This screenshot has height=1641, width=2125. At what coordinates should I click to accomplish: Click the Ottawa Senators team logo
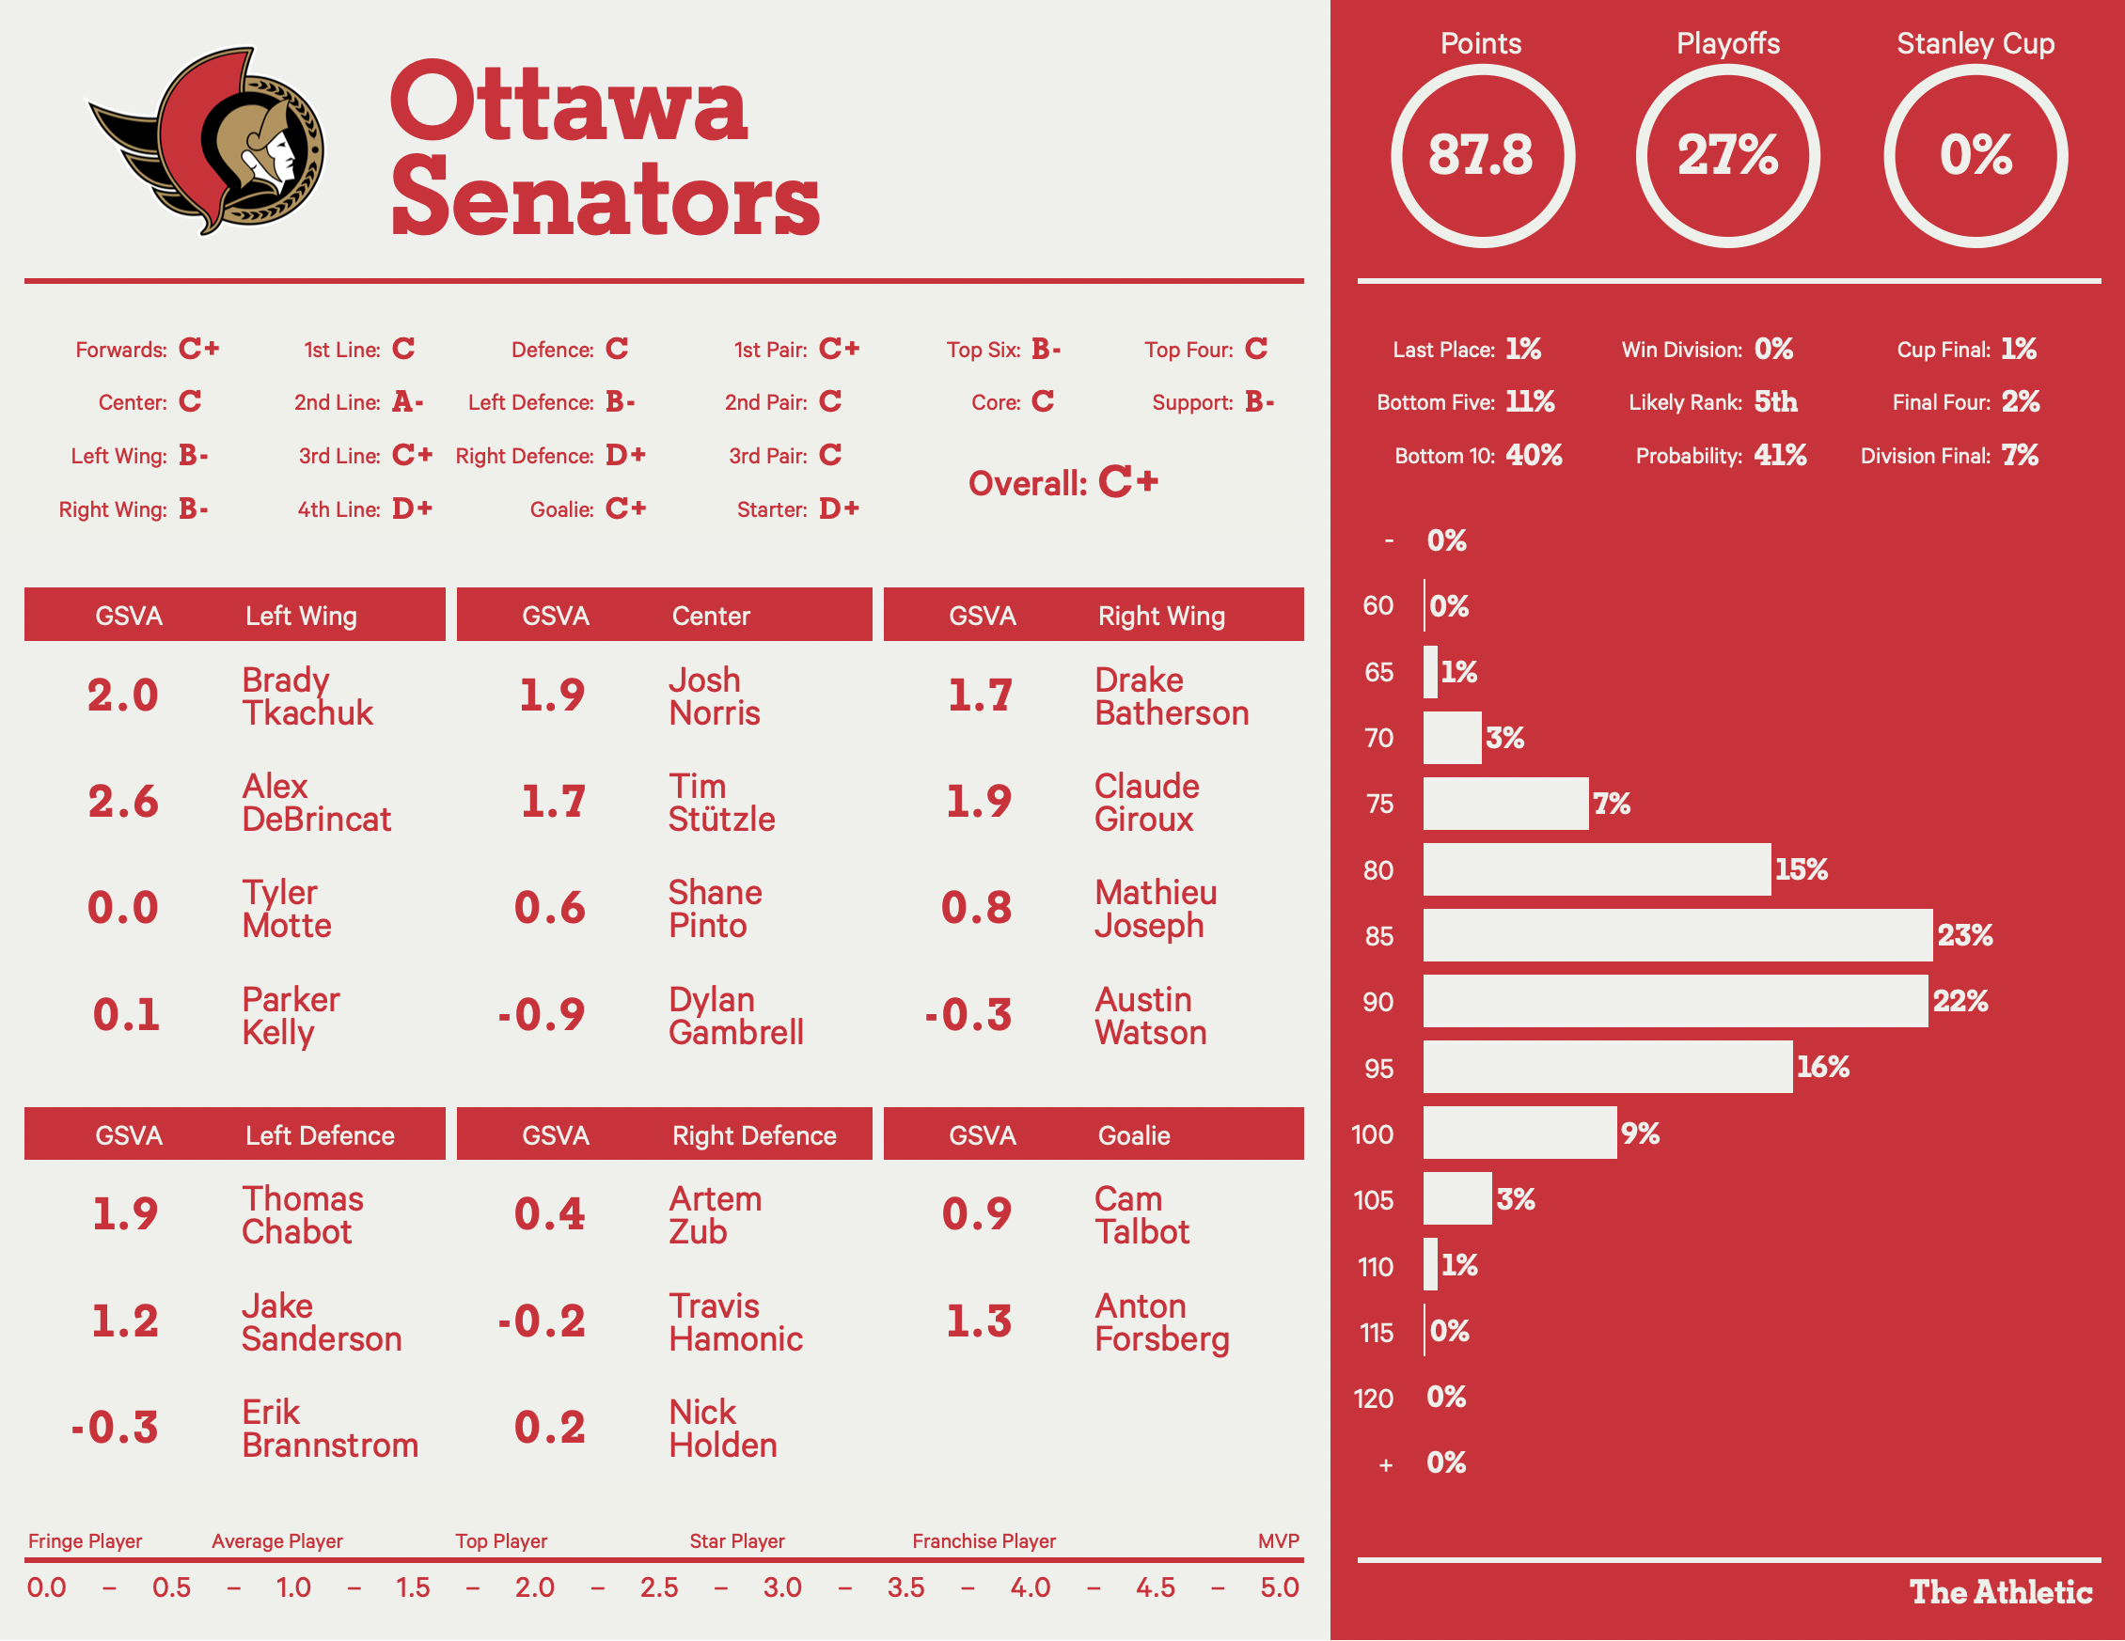pyautogui.click(x=209, y=141)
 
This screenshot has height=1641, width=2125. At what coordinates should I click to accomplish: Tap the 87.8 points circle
pyautogui.click(x=1481, y=156)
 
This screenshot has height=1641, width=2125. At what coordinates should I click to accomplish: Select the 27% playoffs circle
pyautogui.click(x=1728, y=156)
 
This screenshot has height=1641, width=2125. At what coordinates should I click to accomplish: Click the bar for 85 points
pyautogui.click(x=1676, y=936)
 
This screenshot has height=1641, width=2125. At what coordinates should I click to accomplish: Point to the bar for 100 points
pyautogui.click(x=1519, y=1133)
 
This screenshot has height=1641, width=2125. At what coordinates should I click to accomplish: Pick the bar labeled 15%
pyautogui.click(x=1596, y=869)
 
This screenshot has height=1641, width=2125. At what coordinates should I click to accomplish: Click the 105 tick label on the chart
pyautogui.click(x=1373, y=1200)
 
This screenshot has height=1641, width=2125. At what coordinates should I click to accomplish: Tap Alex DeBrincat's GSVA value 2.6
pyautogui.click(x=122, y=802)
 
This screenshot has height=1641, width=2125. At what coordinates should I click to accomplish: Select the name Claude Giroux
pyautogui.click(x=1146, y=803)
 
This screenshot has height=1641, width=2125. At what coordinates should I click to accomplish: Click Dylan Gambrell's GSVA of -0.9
pyautogui.click(x=541, y=1014)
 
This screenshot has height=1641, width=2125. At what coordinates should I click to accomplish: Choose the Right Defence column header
pyautogui.click(x=754, y=1135)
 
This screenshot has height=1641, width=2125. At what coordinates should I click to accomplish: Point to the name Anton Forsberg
pyautogui.click(x=1162, y=1322)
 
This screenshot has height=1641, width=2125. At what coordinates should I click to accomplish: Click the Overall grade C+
pyautogui.click(x=1127, y=482)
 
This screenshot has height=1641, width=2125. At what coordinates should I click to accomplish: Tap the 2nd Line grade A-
pyautogui.click(x=408, y=401)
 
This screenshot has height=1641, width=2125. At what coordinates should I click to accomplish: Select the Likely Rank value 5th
pyautogui.click(x=1776, y=401)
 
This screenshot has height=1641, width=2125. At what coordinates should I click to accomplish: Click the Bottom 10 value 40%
pyautogui.click(x=1534, y=455)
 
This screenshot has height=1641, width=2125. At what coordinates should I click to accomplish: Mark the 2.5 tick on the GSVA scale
pyautogui.click(x=659, y=1587)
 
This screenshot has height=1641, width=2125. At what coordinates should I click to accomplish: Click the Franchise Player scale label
pyautogui.click(x=984, y=1540)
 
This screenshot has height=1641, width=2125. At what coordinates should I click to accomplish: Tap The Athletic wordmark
pyautogui.click(x=2001, y=1592)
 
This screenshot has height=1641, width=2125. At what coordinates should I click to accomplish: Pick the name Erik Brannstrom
pyautogui.click(x=330, y=1429)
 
